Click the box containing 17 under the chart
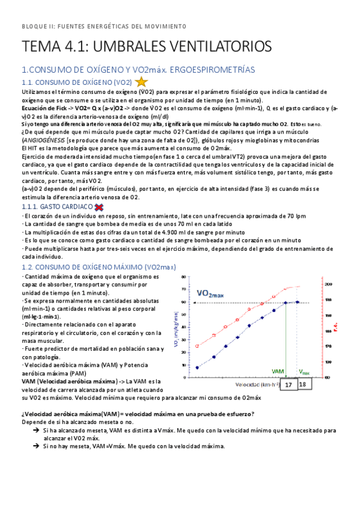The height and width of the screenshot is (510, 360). click(288, 384)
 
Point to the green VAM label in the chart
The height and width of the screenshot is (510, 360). click(278, 372)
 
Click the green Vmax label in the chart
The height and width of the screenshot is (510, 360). click(304, 372)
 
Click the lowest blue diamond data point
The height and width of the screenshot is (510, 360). click(198, 367)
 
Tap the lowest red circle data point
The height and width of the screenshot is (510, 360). click(198, 346)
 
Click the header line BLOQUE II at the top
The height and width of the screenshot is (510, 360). click(104, 26)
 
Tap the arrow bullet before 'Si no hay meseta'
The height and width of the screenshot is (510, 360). click(37, 446)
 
